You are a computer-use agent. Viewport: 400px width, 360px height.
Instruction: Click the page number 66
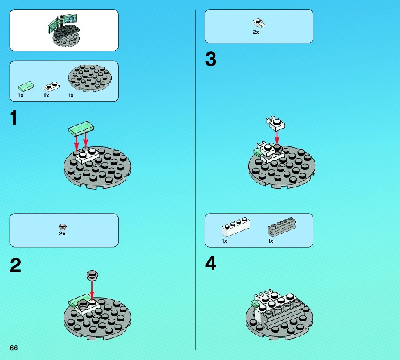pyautogui.click(x=14, y=348)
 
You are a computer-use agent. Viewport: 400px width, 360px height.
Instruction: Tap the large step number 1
pyautogui.click(x=14, y=118)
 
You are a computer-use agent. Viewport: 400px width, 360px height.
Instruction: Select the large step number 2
pyautogui.click(x=15, y=266)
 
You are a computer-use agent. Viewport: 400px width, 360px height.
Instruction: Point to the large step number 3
pyautogui.click(x=211, y=59)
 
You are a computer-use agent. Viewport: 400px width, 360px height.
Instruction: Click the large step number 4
pyautogui.click(x=211, y=263)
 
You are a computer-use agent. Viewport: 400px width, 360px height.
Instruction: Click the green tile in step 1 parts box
pyautogui.click(x=26, y=86)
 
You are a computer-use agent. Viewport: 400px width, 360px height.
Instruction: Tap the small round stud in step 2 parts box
pyautogui.click(x=63, y=227)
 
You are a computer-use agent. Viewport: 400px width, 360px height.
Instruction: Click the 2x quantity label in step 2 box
pyautogui.click(x=62, y=234)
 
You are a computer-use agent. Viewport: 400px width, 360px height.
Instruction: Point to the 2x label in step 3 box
pyautogui.click(x=256, y=32)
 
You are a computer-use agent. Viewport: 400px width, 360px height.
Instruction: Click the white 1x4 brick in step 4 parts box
pyautogui.click(x=236, y=227)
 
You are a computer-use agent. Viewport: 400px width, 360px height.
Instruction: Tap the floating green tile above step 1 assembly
pyautogui.click(x=81, y=128)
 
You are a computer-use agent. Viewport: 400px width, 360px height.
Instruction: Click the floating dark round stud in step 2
pyautogui.click(x=92, y=275)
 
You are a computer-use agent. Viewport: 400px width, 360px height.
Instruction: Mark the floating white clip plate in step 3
pyautogui.click(x=276, y=123)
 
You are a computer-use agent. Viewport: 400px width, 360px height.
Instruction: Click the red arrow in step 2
pyautogui.click(x=92, y=290)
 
